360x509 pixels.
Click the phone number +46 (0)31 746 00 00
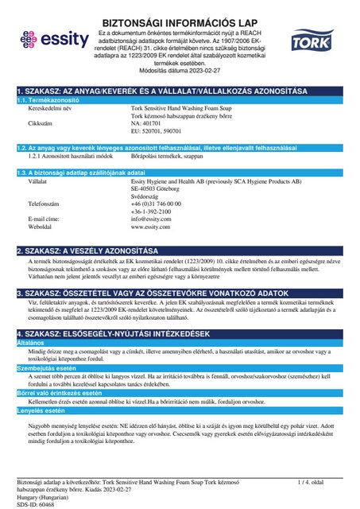[160, 205]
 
